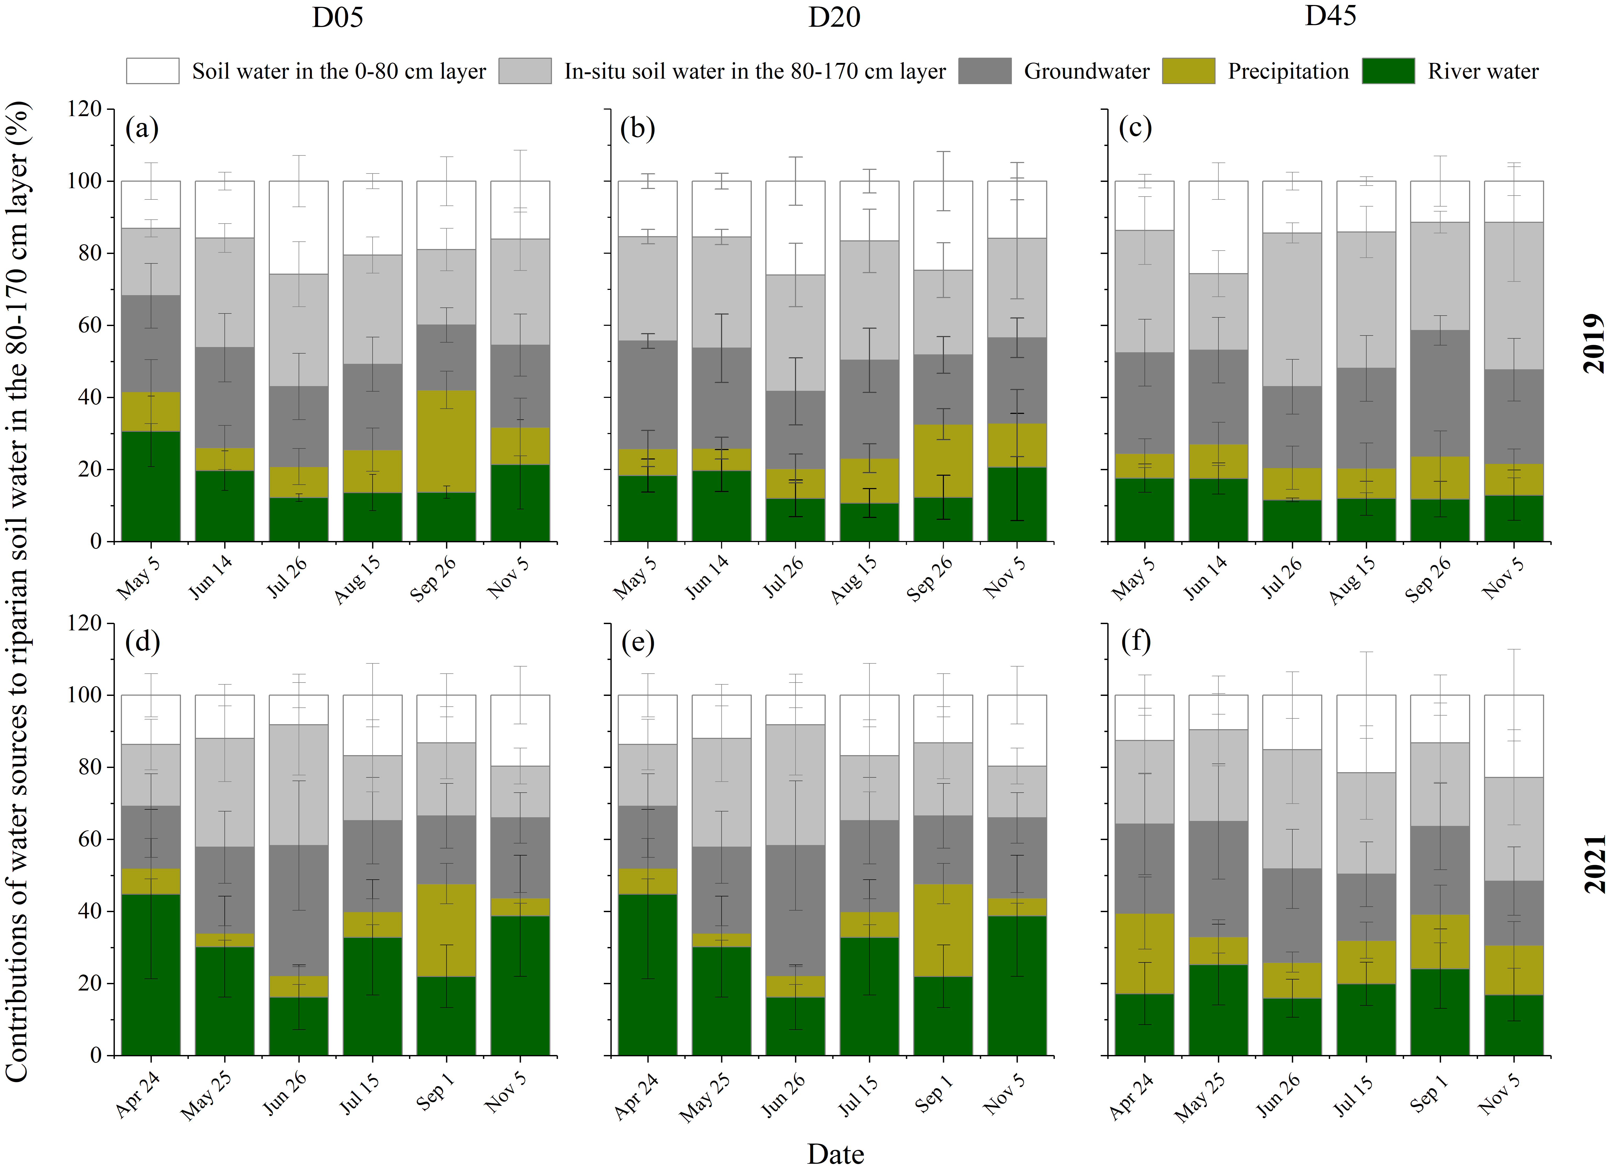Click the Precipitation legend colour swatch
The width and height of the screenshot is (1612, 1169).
(1188, 71)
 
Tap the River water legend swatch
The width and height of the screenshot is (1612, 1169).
(1388, 71)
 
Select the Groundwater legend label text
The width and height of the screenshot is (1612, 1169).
(1086, 71)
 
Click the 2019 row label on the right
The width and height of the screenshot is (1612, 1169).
(1594, 343)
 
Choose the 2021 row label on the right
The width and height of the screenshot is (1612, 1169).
(1594, 863)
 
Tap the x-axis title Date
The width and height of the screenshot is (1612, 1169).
(835, 1154)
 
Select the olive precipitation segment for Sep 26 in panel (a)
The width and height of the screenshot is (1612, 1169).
(446, 441)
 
